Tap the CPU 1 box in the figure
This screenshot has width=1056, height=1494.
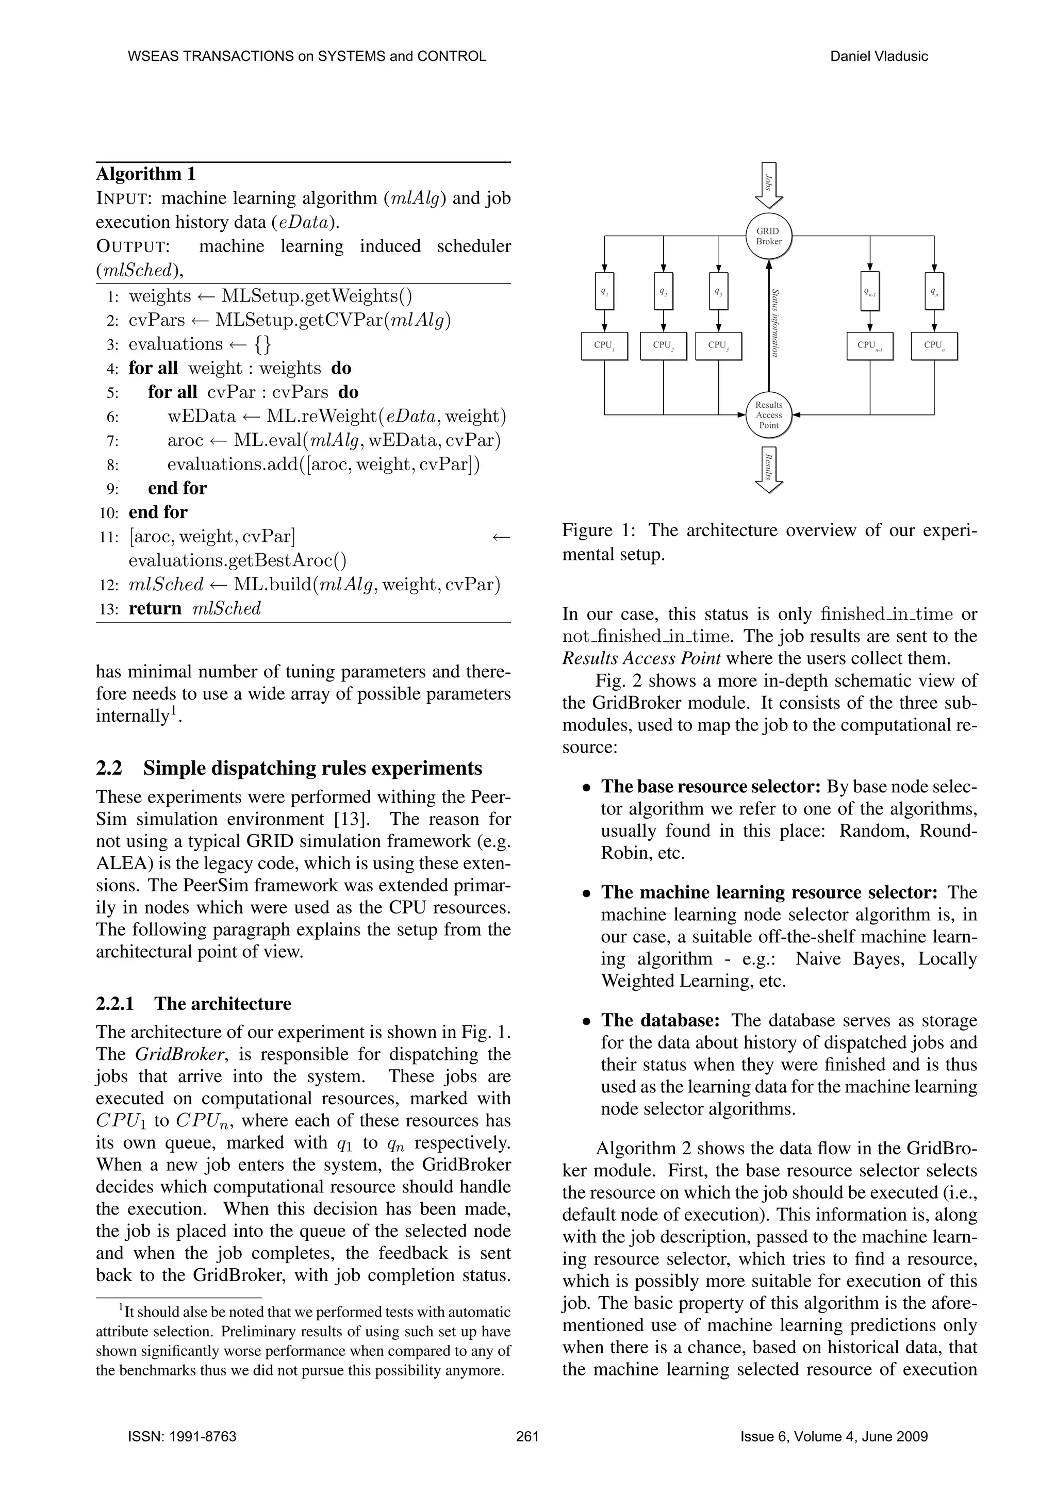point(604,345)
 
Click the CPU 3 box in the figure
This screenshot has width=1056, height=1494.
point(718,345)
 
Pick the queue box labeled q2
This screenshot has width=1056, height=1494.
point(663,291)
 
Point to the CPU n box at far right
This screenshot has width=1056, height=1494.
point(934,345)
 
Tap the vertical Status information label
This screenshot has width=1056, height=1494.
point(775,322)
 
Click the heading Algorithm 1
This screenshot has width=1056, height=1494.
point(146,174)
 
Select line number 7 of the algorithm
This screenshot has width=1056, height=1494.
point(112,441)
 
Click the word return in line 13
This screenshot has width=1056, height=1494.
point(155,608)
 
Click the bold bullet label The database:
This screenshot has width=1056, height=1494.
point(660,1020)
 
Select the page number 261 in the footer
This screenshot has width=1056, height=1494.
point(527,1436)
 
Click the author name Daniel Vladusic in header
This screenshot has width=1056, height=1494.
point(879,56)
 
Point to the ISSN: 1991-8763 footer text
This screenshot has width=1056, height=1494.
point(182,1436)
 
